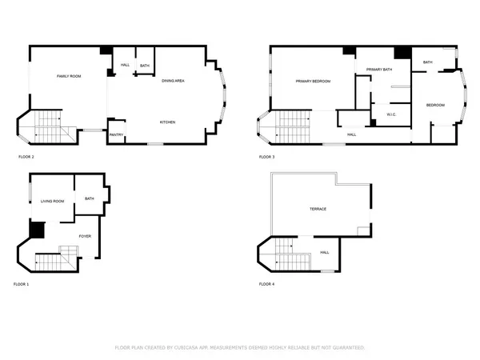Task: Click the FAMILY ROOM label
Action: (69, 76)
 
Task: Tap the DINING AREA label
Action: (174, 81)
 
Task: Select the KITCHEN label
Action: (167, 122)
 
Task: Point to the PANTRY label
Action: (116, 135)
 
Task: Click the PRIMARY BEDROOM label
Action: (313, 81)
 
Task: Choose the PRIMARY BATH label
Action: (379, 70)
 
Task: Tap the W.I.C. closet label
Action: (392, 114)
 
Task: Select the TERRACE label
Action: (318, 209)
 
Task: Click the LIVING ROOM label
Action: (53, 201)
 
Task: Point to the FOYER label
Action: (84, 235)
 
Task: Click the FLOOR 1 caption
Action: (22, 284)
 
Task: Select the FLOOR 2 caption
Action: (26, 157)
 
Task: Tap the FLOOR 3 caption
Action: (266, 157)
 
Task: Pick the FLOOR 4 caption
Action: (266, 284)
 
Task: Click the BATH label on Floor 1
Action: (90, 198)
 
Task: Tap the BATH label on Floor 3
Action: (428, 62)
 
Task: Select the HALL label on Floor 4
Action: (325, 253)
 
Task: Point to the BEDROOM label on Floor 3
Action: (435, 105)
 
